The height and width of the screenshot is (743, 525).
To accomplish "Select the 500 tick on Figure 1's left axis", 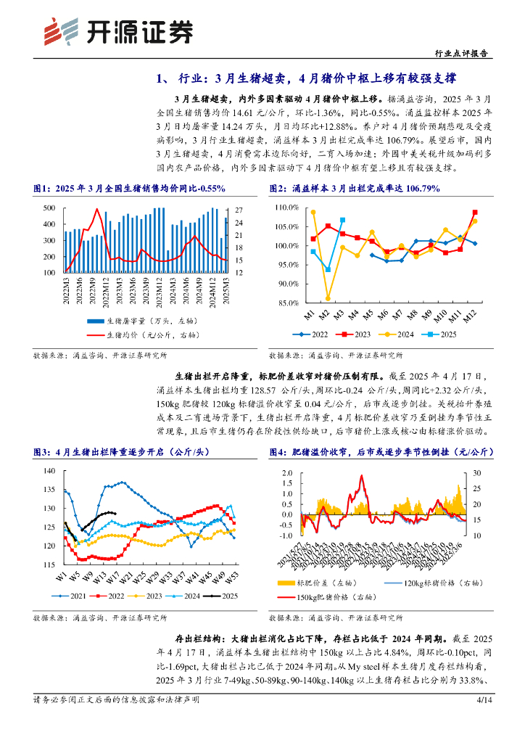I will click(50, 208).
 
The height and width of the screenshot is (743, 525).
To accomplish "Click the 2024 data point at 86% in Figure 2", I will click(328, 298).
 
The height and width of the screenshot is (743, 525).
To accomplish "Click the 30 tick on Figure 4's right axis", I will click(478, 472).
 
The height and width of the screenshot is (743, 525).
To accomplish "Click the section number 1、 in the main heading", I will click(166, 78).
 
